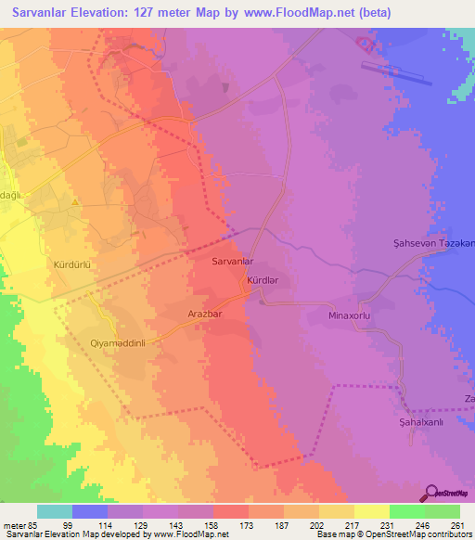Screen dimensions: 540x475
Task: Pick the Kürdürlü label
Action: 76,264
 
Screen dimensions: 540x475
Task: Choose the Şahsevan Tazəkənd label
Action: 430,244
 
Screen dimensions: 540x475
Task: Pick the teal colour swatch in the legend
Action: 55,511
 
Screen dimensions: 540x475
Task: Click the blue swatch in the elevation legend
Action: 90,511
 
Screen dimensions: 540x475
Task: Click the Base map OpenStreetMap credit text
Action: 391,534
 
